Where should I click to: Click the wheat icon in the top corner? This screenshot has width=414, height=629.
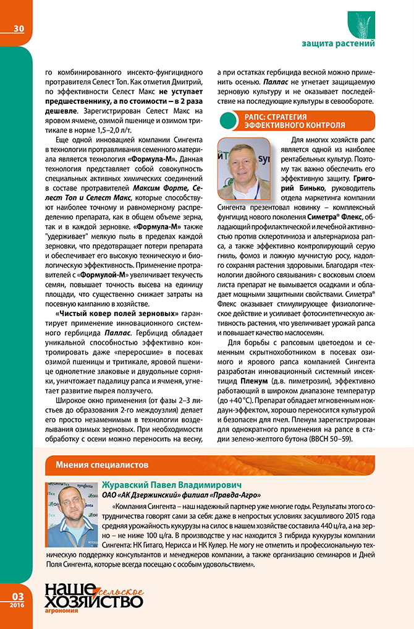(x=361, y=22)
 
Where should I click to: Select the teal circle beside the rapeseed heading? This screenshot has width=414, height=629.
(x=228, y=120)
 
